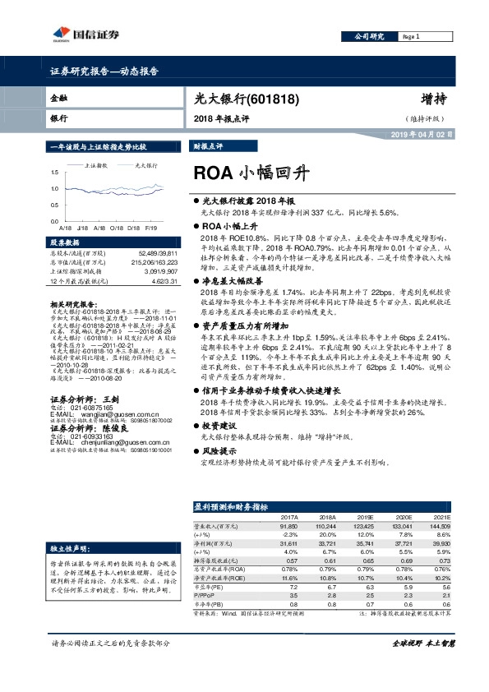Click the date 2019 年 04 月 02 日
(x=420, y=133)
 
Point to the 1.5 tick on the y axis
(x=53, y=172)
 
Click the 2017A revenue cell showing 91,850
(x=288, y=525)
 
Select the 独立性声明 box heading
(x=69, y=547)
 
